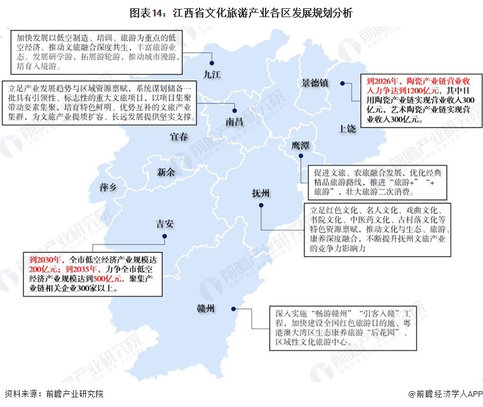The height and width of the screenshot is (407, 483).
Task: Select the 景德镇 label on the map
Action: tap(315, 83)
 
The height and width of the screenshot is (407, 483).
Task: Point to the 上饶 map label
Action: tap(347, 128)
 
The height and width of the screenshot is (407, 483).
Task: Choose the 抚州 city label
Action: tap(261, 193)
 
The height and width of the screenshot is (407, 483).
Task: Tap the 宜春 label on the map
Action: tap(180, 137)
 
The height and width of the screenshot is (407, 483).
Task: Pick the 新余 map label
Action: tap(166, 171)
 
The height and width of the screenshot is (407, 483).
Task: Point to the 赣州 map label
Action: tap(207, 309)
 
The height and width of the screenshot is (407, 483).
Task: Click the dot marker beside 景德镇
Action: tap(342, 83)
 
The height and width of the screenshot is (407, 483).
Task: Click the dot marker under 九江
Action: tap(212, 62)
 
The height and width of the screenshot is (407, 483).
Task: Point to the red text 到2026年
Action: tap(382, 81)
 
